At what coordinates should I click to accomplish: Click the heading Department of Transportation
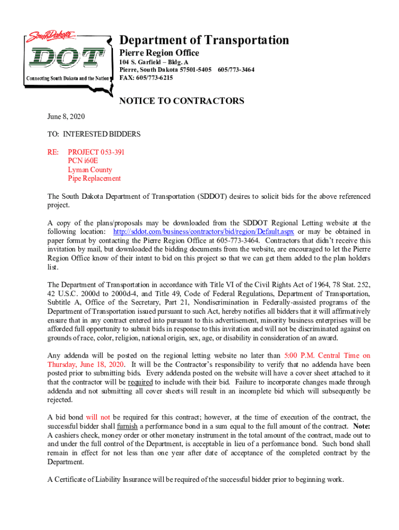204,40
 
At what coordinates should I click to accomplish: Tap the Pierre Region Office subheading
159,53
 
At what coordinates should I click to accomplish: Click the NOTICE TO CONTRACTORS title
182,101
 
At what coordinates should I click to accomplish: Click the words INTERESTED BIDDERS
102,134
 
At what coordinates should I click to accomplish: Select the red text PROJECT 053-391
96,152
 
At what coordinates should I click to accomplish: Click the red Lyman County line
90,170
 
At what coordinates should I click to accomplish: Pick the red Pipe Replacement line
94,179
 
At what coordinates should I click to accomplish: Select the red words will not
98,417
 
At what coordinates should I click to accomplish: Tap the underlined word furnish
127,426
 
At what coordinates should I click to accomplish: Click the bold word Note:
362,426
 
